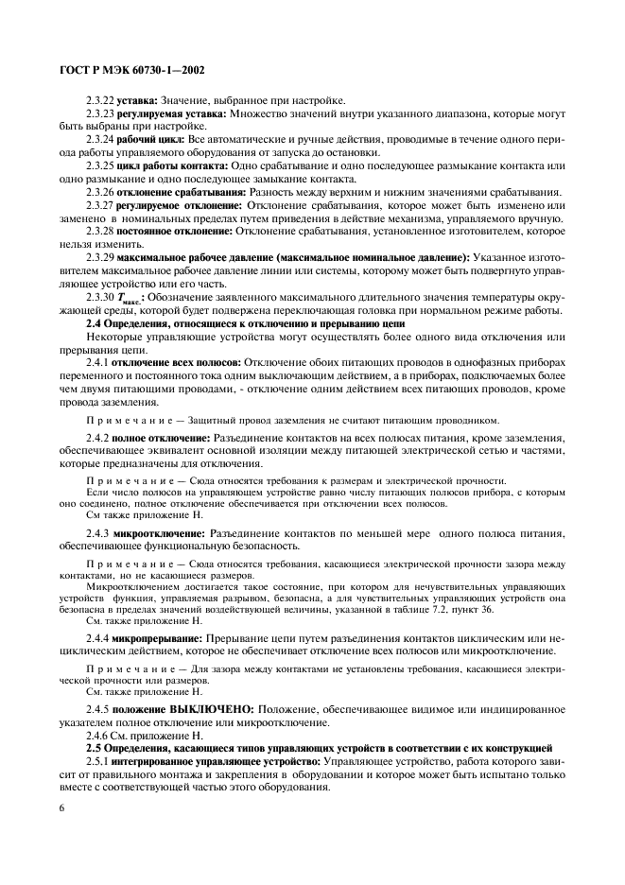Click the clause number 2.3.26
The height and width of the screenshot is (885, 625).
99,191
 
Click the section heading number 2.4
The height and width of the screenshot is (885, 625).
95,324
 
